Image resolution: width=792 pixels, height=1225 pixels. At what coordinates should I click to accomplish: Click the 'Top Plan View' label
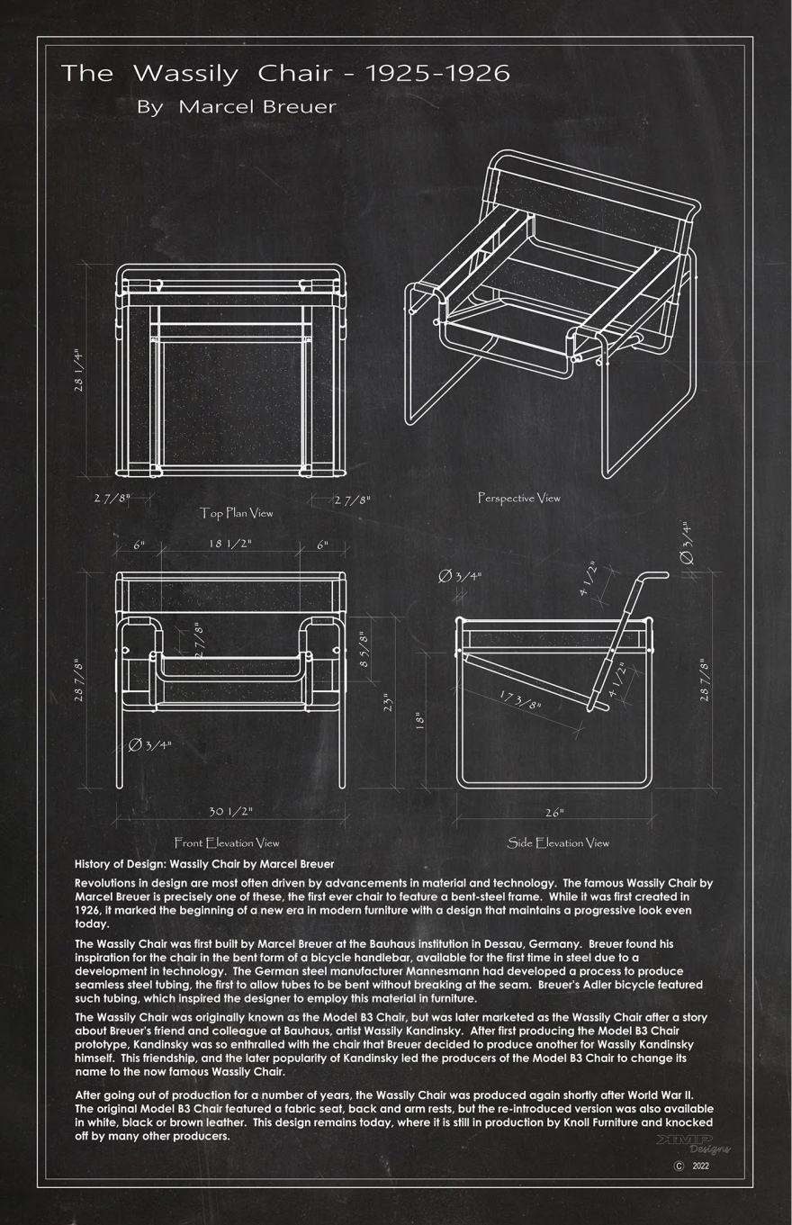click(236, 513)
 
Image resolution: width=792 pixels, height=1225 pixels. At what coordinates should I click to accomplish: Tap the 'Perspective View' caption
click(518, 498)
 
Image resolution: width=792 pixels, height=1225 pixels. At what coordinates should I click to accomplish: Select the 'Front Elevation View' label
click(227, 843)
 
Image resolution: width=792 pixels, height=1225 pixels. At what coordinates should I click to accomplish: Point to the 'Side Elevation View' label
click(558, 843)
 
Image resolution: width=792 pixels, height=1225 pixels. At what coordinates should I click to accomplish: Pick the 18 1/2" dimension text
click(230, 545)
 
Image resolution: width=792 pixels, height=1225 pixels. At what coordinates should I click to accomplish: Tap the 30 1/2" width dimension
click(230, 812)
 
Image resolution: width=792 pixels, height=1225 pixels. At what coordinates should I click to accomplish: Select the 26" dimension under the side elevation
click(554, 813)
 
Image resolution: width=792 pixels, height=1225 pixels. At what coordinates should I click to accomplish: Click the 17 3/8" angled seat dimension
click(519, 699)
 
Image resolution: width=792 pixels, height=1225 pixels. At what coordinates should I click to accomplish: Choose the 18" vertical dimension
click(419, 720)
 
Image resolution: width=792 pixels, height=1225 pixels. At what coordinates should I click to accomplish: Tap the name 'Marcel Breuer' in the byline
click(257, 107)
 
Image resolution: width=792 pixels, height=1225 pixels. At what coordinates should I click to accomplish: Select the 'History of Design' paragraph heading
click(204, 864)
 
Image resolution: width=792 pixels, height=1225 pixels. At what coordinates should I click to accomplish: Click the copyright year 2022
click(700, 1166)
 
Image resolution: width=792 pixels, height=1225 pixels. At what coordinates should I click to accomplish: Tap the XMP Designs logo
click(693, 1143)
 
